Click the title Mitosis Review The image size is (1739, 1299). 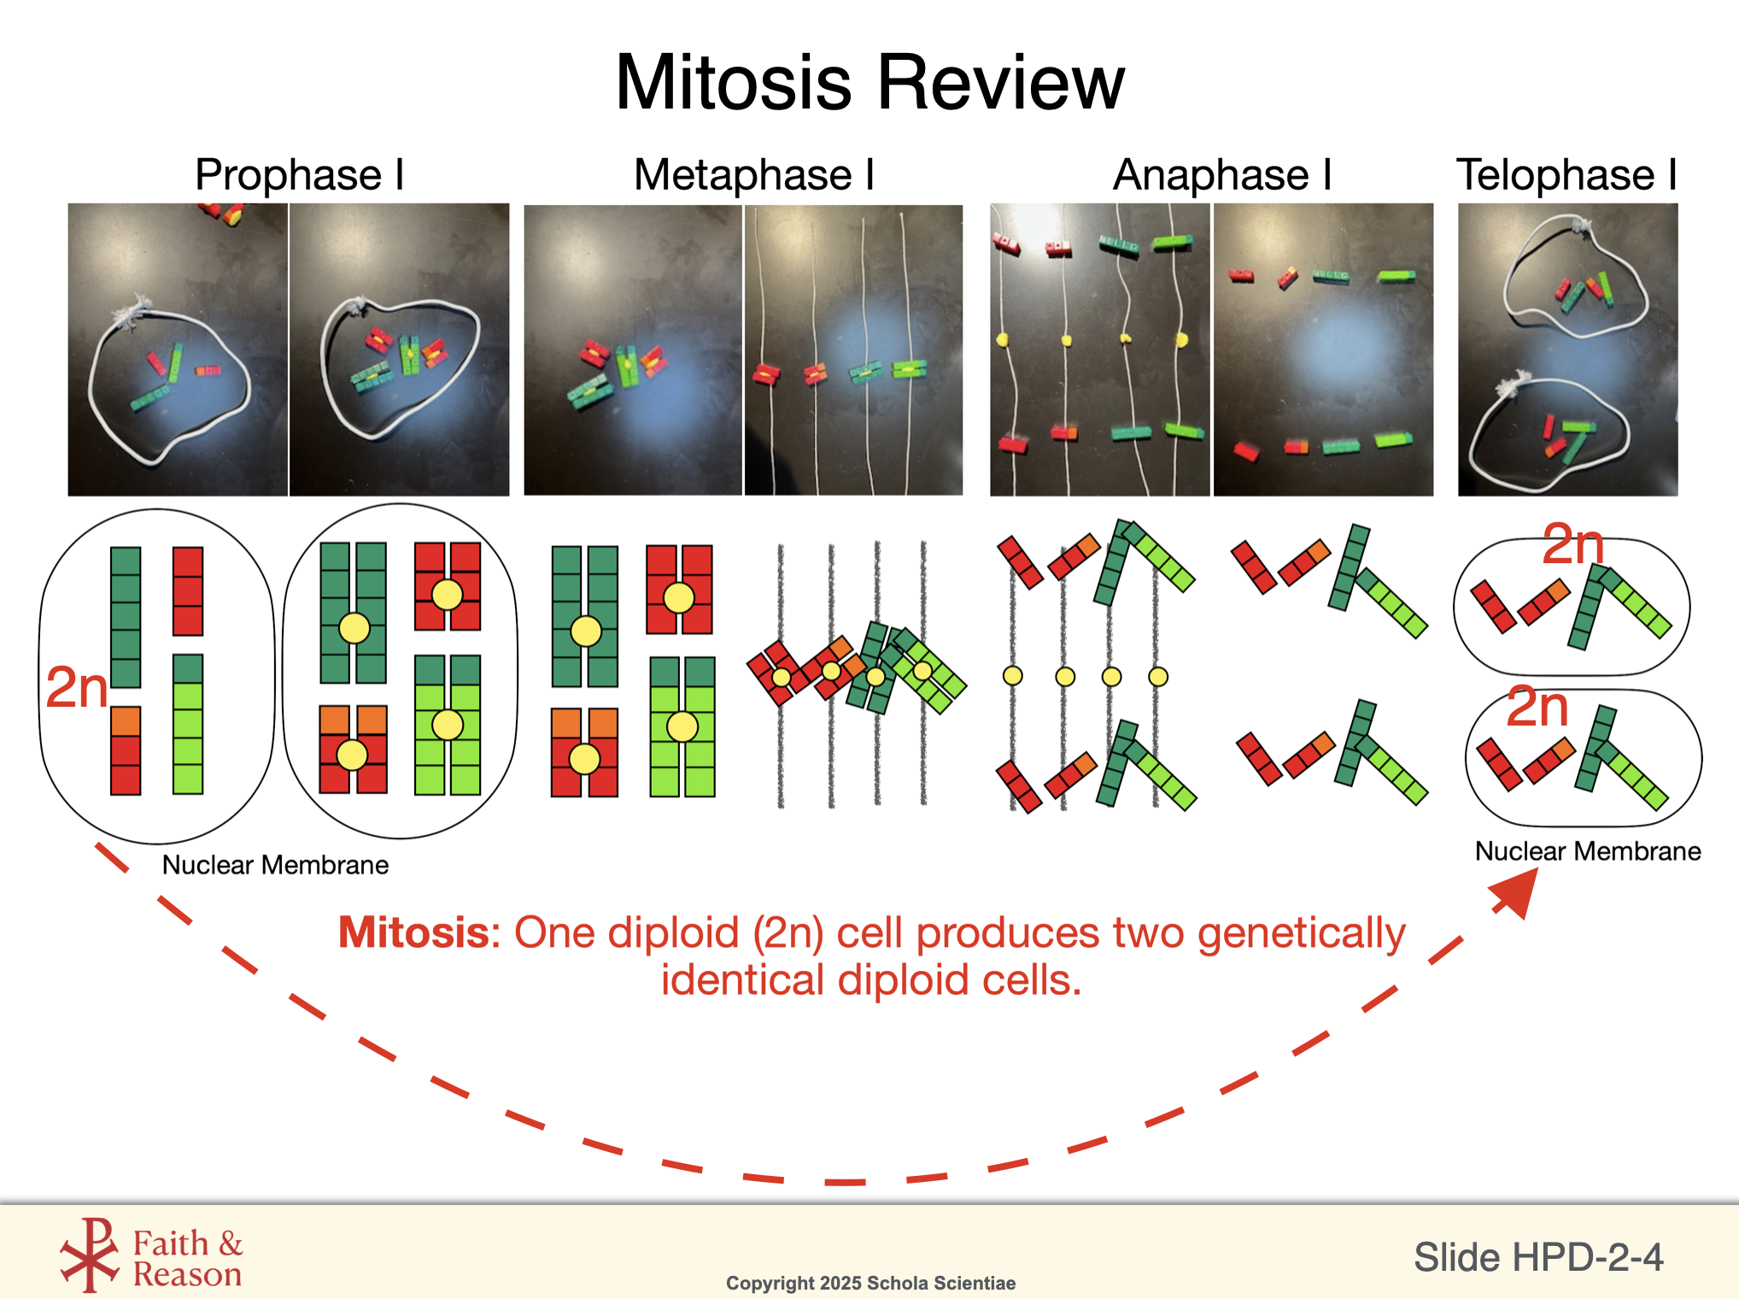pos(869,83)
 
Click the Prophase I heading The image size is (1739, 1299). pos(299,175)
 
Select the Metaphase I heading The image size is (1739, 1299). pos(753,175)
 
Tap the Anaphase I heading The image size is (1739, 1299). pos(1221,175)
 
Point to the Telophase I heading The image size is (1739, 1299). pos(1566,175)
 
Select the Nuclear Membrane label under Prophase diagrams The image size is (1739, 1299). pos(275,865)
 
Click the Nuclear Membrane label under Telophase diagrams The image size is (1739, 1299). pos(1587,851)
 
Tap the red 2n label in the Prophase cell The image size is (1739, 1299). pos(76,687)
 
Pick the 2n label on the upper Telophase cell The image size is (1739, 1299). pos(1572,544)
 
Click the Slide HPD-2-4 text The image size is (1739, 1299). pos(1537,1257)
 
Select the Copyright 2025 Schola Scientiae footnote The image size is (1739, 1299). pos(870,1283)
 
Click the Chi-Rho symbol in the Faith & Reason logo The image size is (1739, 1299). pos(91,1255)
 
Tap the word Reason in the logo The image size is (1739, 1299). pos(187,1275)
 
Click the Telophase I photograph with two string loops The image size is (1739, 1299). pos(1567,349)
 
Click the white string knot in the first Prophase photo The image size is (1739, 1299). pos(131,309)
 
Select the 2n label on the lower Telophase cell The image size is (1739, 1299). pos(1537,707)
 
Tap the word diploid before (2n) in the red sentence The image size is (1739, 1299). pos(672,932)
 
